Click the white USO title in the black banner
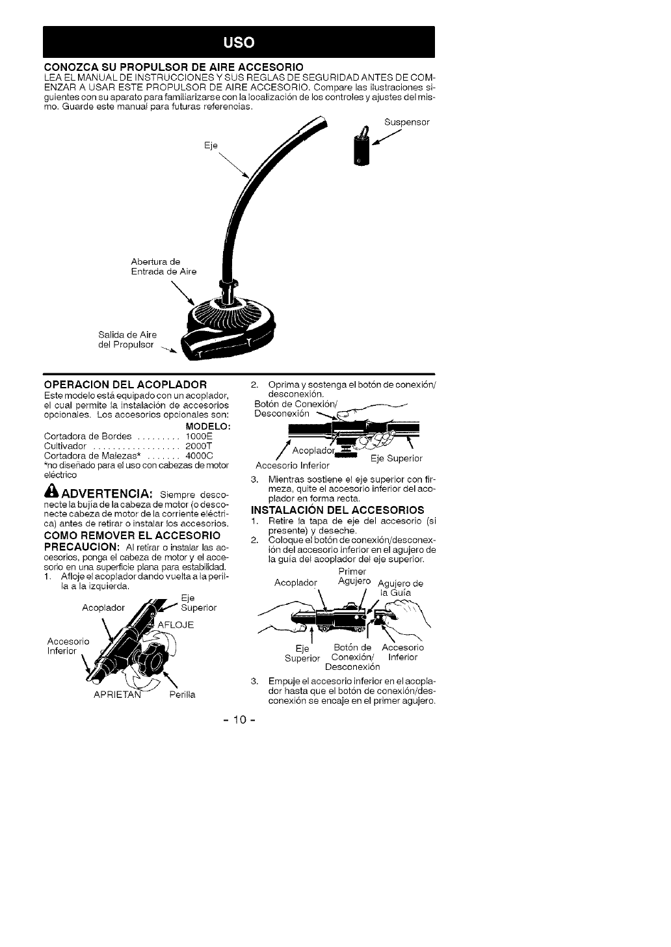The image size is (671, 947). point(239,42)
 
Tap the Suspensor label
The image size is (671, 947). point(407,122)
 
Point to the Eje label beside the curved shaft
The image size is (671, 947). point(211,144)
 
